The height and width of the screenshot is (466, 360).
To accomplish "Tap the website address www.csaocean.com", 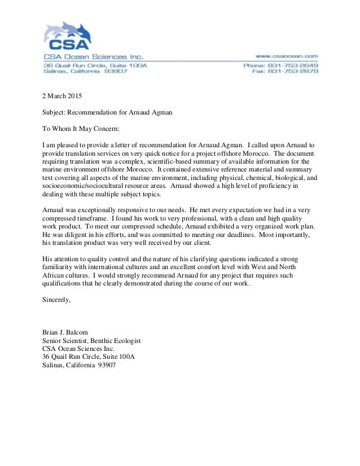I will [x=287, y=56].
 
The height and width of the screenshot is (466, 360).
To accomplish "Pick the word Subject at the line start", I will [x=54, y=112].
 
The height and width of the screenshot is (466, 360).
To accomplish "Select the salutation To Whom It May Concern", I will [x=81, y=129].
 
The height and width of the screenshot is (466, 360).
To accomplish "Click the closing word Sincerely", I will [x=57, y=300].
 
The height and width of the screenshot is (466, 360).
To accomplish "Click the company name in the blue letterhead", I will [x=94, y=56].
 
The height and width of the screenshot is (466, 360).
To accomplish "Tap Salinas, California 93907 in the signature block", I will [x=79, y=365].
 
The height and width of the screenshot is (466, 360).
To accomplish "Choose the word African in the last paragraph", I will [x=54, y=275].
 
